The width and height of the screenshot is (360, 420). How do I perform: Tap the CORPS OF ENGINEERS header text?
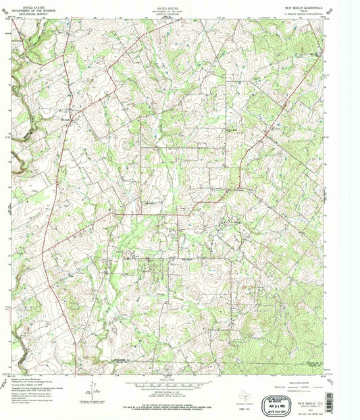coord(167,12)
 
